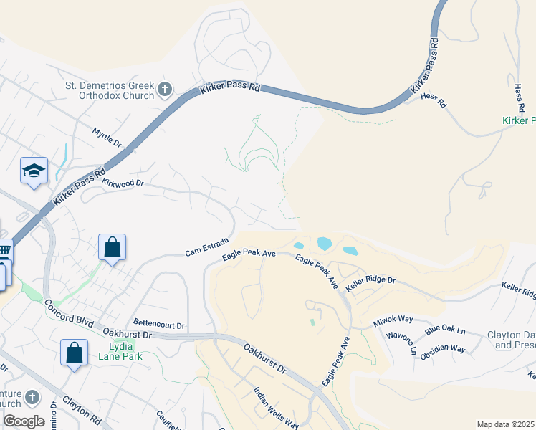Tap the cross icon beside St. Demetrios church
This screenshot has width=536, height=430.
165,90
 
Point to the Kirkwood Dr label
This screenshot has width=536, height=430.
123,183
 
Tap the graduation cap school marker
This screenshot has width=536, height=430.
34,171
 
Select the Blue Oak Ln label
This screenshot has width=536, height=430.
445,330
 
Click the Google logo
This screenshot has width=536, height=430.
24,421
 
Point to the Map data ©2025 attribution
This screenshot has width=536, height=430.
505,424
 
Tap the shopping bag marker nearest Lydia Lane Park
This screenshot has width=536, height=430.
74,353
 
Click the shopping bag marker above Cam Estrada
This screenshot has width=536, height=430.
113,247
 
